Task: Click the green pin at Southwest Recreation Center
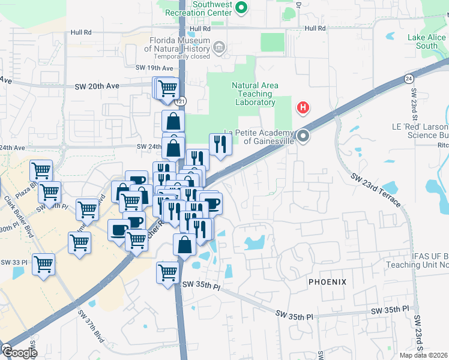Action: [x=241, y=8]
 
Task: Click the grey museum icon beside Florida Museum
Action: [x=219, y=47]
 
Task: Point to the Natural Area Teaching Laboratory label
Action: [x=255, y=94]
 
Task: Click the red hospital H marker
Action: [x=304, y=108]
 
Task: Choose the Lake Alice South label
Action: [x=426, y=41]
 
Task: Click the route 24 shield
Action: [x=409, y=78]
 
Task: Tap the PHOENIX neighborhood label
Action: [x=328, y=281]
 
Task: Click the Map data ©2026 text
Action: [x=423, y=355]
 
